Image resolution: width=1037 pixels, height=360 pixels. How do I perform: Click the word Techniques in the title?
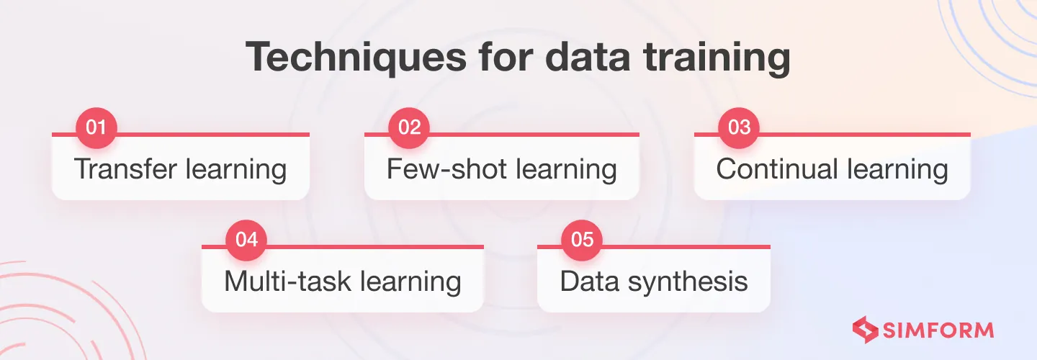356,58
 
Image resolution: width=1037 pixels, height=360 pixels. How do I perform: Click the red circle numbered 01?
96,127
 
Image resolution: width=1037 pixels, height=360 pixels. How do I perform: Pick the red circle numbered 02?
409,127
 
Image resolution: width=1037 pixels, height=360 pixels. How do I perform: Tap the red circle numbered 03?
739,127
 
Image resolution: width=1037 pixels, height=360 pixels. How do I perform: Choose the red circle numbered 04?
246,240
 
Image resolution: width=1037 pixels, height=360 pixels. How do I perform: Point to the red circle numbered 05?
582,240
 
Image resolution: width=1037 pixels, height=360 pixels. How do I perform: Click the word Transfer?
125,168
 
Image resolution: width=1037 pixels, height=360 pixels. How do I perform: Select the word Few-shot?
446,168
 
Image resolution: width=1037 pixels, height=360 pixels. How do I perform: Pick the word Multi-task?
287,281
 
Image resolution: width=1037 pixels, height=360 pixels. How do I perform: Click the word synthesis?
688,282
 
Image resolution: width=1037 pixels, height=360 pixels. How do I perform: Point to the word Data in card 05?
589,281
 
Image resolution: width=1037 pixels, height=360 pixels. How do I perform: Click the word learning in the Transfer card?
236,170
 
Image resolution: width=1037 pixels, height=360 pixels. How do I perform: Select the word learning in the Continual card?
897,170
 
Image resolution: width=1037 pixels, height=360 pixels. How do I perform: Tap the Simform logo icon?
866,330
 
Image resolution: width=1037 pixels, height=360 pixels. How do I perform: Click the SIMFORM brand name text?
938,330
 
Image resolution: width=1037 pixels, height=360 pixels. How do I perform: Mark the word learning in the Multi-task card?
410,282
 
